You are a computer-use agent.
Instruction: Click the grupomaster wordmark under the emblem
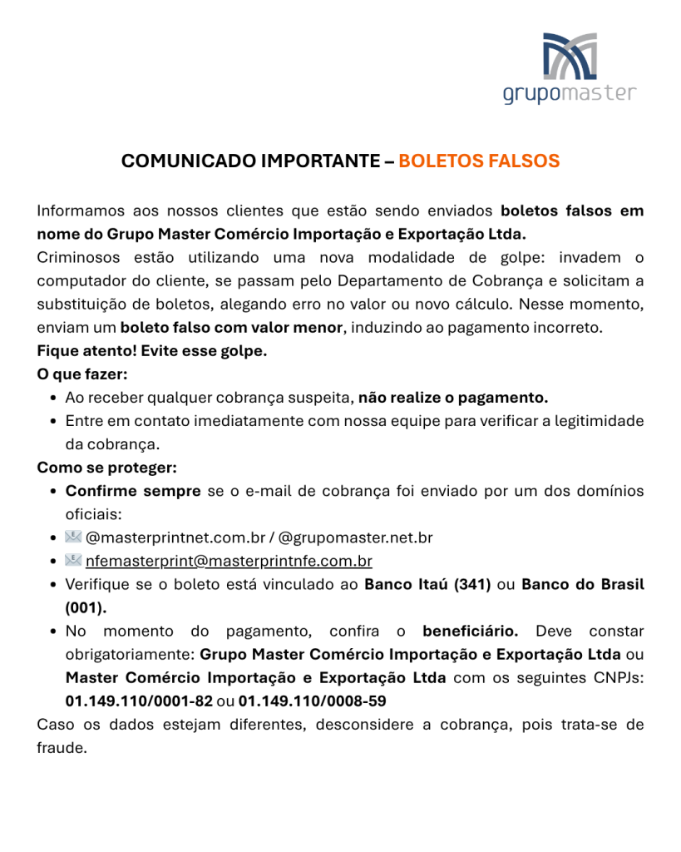[570, 92]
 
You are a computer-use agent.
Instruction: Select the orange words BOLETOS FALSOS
[479, 161]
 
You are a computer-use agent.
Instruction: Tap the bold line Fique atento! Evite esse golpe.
[152, 351]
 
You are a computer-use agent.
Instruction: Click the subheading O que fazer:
[81, 374]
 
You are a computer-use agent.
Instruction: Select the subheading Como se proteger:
[106, 468]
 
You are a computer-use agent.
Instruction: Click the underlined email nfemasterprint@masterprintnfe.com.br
[229, 561]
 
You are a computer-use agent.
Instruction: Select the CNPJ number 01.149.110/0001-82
[139, 701]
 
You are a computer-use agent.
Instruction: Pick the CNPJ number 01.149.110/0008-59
[312, 701]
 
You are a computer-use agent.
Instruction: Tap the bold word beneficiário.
[471, 631]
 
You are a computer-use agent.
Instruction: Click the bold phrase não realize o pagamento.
[453, 398]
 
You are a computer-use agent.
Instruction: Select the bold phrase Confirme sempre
[133, 491]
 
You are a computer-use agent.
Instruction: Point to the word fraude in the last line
[62, 747]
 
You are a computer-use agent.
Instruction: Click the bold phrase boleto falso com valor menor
[231, 328]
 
